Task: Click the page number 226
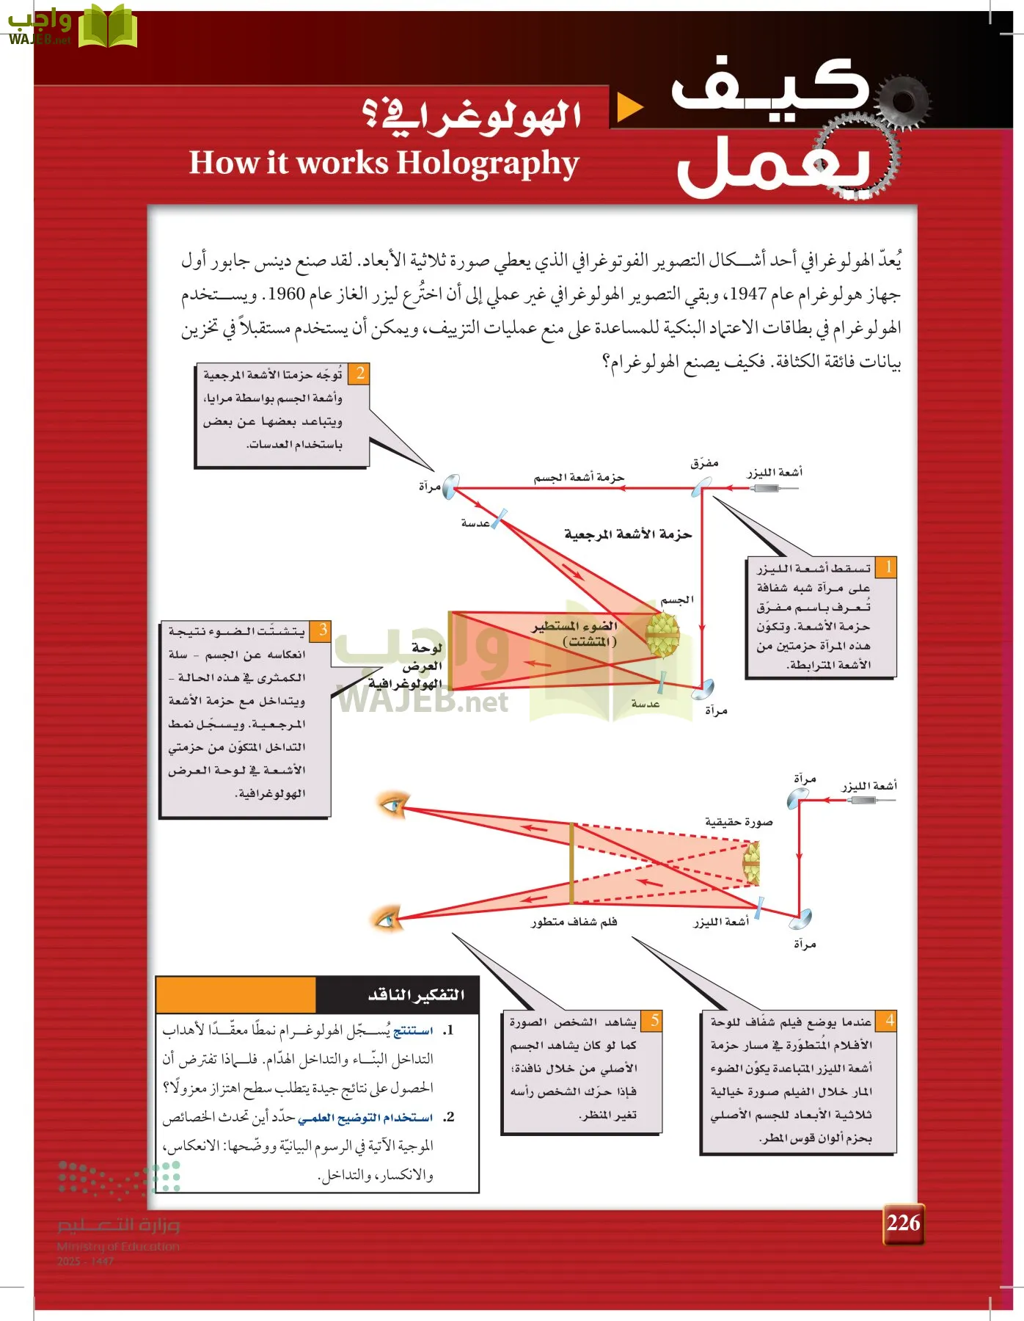(903, 1223)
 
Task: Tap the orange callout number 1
(888, 567)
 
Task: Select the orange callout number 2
(359, 373)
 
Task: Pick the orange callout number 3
(323, 630)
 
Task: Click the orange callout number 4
(889, 1020)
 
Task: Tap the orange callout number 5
(654, 1020)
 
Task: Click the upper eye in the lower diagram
(392, 804)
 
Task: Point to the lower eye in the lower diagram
(387, 918)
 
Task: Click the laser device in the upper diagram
(767, 487)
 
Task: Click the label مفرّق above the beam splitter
(704, 463)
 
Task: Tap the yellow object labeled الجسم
(662, 635)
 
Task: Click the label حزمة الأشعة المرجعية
(628, 534)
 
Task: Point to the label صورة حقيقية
(738, 821)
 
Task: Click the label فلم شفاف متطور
(574, 922)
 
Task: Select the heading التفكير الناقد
(416, 994)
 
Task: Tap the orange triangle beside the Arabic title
(629, 107)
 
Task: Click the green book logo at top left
(108, 27)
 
